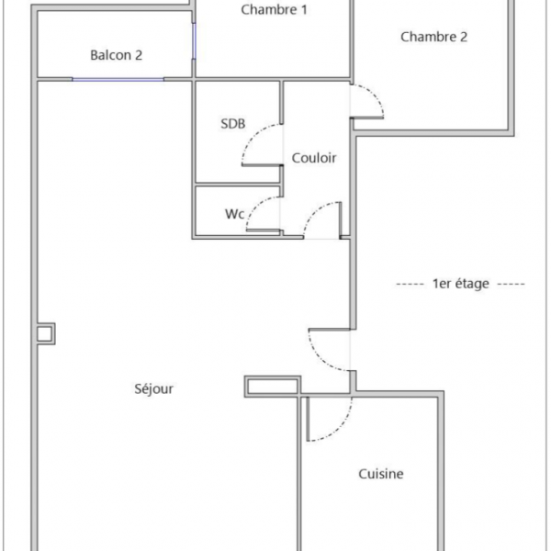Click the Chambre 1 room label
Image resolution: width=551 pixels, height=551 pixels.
pos(274,10)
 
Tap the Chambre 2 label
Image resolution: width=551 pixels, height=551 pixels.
pos(434,37)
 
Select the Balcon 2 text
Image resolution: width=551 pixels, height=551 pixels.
pos(117,55)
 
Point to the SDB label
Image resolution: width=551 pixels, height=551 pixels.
pos(233,124)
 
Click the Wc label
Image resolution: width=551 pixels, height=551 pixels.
pos(234,214)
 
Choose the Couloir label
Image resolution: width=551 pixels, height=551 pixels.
pos(314,158)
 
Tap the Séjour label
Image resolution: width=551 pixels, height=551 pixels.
pos(154,388)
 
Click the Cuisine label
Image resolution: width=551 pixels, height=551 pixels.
pos(381,474)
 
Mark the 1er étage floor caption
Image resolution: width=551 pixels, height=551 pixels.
pos(461,284)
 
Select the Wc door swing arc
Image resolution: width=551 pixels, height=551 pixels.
pos(256,206)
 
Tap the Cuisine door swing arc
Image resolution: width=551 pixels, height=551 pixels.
pos(340,428)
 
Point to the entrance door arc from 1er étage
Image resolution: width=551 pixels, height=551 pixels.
pos(320,358)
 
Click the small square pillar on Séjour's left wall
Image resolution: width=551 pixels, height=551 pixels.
pos(46,333)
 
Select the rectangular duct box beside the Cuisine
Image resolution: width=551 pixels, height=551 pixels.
pos(273,387)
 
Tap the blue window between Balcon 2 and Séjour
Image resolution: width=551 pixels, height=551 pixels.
pos(118,80)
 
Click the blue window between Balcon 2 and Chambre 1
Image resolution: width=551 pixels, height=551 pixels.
pos(194,41)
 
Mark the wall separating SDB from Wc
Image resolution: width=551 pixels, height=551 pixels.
pos(238,185)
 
